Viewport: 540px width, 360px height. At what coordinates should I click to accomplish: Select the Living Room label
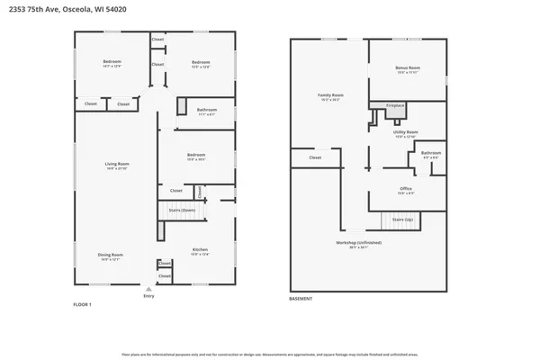point(118,164)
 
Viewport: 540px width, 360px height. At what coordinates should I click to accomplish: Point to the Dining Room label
point(111,255)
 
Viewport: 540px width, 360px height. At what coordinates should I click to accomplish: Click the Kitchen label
point(200,249)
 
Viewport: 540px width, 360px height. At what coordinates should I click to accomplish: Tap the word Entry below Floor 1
point(148,296)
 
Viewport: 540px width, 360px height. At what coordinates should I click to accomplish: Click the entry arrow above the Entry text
point(148,289)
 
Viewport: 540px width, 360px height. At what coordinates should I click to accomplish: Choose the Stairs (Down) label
point(183,211)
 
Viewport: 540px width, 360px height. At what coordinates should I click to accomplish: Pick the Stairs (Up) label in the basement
point(402,219)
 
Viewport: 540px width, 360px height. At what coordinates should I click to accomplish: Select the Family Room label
point(331,94)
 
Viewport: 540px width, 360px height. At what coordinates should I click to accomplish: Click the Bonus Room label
point(408,68)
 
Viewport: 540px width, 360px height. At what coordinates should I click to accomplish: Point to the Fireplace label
point(395,105)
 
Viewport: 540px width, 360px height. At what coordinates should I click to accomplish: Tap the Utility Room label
point(406,132)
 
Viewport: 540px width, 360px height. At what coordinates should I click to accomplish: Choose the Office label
point(406,188)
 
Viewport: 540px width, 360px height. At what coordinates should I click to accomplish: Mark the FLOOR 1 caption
point(82,305)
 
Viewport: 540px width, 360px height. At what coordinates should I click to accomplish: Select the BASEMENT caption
point(301,298)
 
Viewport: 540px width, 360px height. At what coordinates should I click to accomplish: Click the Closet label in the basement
point(315,157)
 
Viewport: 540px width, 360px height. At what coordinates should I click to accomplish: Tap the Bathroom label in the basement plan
point(431,153)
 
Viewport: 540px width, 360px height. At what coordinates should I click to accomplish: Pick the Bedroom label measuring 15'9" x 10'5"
point(196,155)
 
